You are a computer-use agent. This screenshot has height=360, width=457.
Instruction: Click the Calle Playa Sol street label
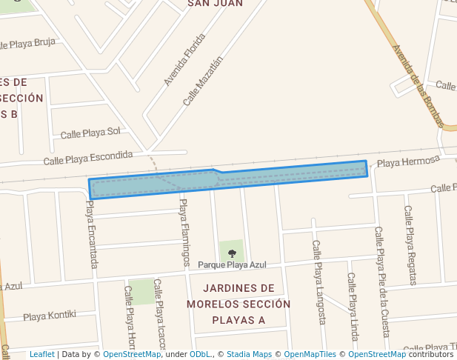[90, 133]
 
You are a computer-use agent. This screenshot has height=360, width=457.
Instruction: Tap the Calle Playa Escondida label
[87, 158]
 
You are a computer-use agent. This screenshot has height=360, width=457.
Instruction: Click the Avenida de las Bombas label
[418, 86]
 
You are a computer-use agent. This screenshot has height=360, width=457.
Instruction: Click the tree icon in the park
[232, 253]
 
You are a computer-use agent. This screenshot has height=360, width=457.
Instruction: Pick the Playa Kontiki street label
[50, 316]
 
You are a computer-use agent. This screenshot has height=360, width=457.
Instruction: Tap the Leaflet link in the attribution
[41, 355]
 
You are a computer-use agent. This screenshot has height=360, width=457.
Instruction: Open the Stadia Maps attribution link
[248, 355]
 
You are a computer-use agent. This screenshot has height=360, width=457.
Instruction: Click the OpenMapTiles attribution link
[310, 355]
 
